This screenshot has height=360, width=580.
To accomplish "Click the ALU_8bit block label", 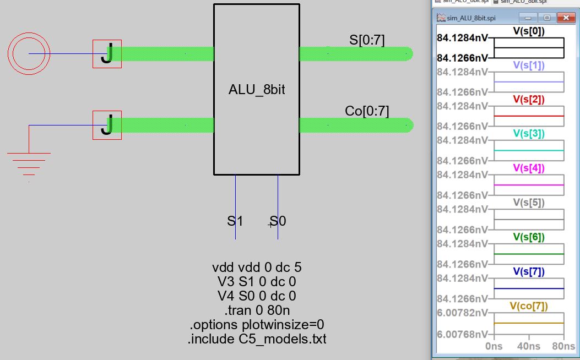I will click(x=257, y=90).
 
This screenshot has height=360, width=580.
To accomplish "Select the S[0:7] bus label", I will click(x=367, y=40).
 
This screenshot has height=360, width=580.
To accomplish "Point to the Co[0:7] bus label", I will click(x=367, y=111).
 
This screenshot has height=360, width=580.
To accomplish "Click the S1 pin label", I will click(x=235, y=221).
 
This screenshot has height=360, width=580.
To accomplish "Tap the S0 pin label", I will click(x=278, y=221).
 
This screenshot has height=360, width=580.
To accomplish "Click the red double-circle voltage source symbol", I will click(x=29, y=53).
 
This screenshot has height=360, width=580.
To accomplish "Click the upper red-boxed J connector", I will click(x=107, y=53).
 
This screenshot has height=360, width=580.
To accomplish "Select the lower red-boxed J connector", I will click(x=107, y=125).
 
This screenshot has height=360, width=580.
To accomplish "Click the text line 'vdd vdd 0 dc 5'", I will click(x=257, y=268).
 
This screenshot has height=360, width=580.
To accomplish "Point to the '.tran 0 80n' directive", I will click(x=257, y=310).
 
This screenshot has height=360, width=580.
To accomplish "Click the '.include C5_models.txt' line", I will click(x=257, y=339).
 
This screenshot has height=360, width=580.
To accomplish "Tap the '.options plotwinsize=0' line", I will click(x=257, y=325).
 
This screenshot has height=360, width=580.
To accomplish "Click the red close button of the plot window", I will click(x=566, y=18).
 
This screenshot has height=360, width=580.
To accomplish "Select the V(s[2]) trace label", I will click(x=529, y=100).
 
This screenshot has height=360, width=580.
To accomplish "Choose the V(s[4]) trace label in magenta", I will click(x=529, y=168).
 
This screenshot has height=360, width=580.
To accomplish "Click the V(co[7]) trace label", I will click(x=529, y=306).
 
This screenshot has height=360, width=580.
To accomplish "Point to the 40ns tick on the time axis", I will click(x=528, y=346).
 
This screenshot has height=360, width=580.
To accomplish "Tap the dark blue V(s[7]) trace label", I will click(x=529, y=271).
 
